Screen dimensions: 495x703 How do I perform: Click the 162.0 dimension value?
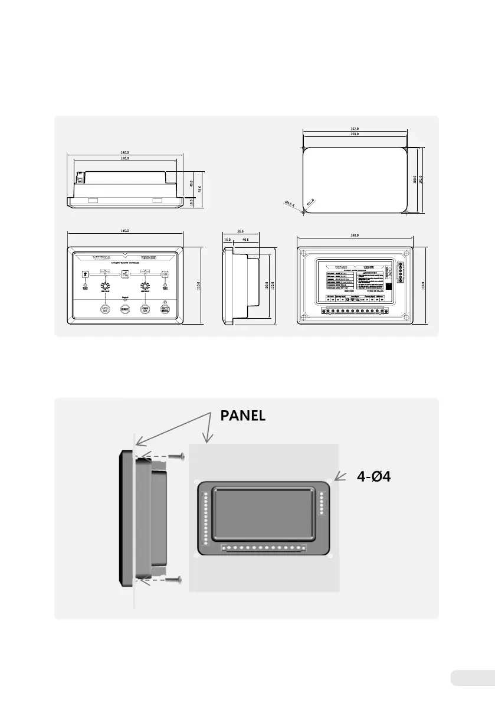click(355, 128)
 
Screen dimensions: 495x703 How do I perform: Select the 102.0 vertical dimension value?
click(421, 179)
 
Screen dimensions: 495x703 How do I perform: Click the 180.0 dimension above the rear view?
click(355, 236)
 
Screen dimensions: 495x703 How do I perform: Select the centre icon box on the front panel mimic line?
click(125, 274)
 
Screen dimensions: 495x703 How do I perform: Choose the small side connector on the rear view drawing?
click(402, 273)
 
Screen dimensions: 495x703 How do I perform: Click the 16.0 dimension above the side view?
click(227, 240)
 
